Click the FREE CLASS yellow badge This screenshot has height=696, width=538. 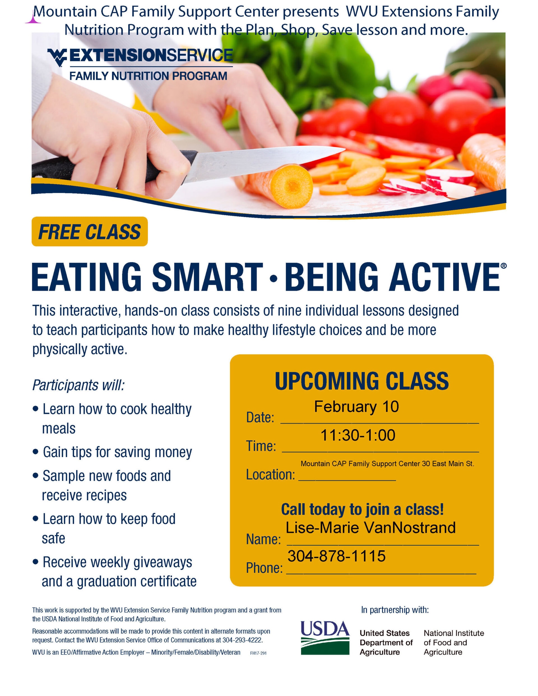pyautogui.click(x=90, y=231)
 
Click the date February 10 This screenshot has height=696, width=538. pyautogui.click(x=356, y=407)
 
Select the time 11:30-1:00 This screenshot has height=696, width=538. pyautogui.click(x=358, y=435)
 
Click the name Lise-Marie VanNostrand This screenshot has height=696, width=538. pyautogui.click(x=370, y=528)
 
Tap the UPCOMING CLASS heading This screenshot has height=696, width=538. pyautogui.click(x=362, y=381)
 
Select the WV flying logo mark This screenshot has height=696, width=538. pyautogui.click(x=57, y=57)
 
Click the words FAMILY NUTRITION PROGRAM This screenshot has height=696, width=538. pyautogui.click(x=148, y=76)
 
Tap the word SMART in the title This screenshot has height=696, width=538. pyautogui.click(x=207, y=277)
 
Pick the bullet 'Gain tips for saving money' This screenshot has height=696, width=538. pyautogui.click(x=117, y=453)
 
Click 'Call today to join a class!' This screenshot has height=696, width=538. pyautogui.click(x=362, y=509)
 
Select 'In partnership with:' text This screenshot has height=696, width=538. pyautogui.click(x=395, y=610)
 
